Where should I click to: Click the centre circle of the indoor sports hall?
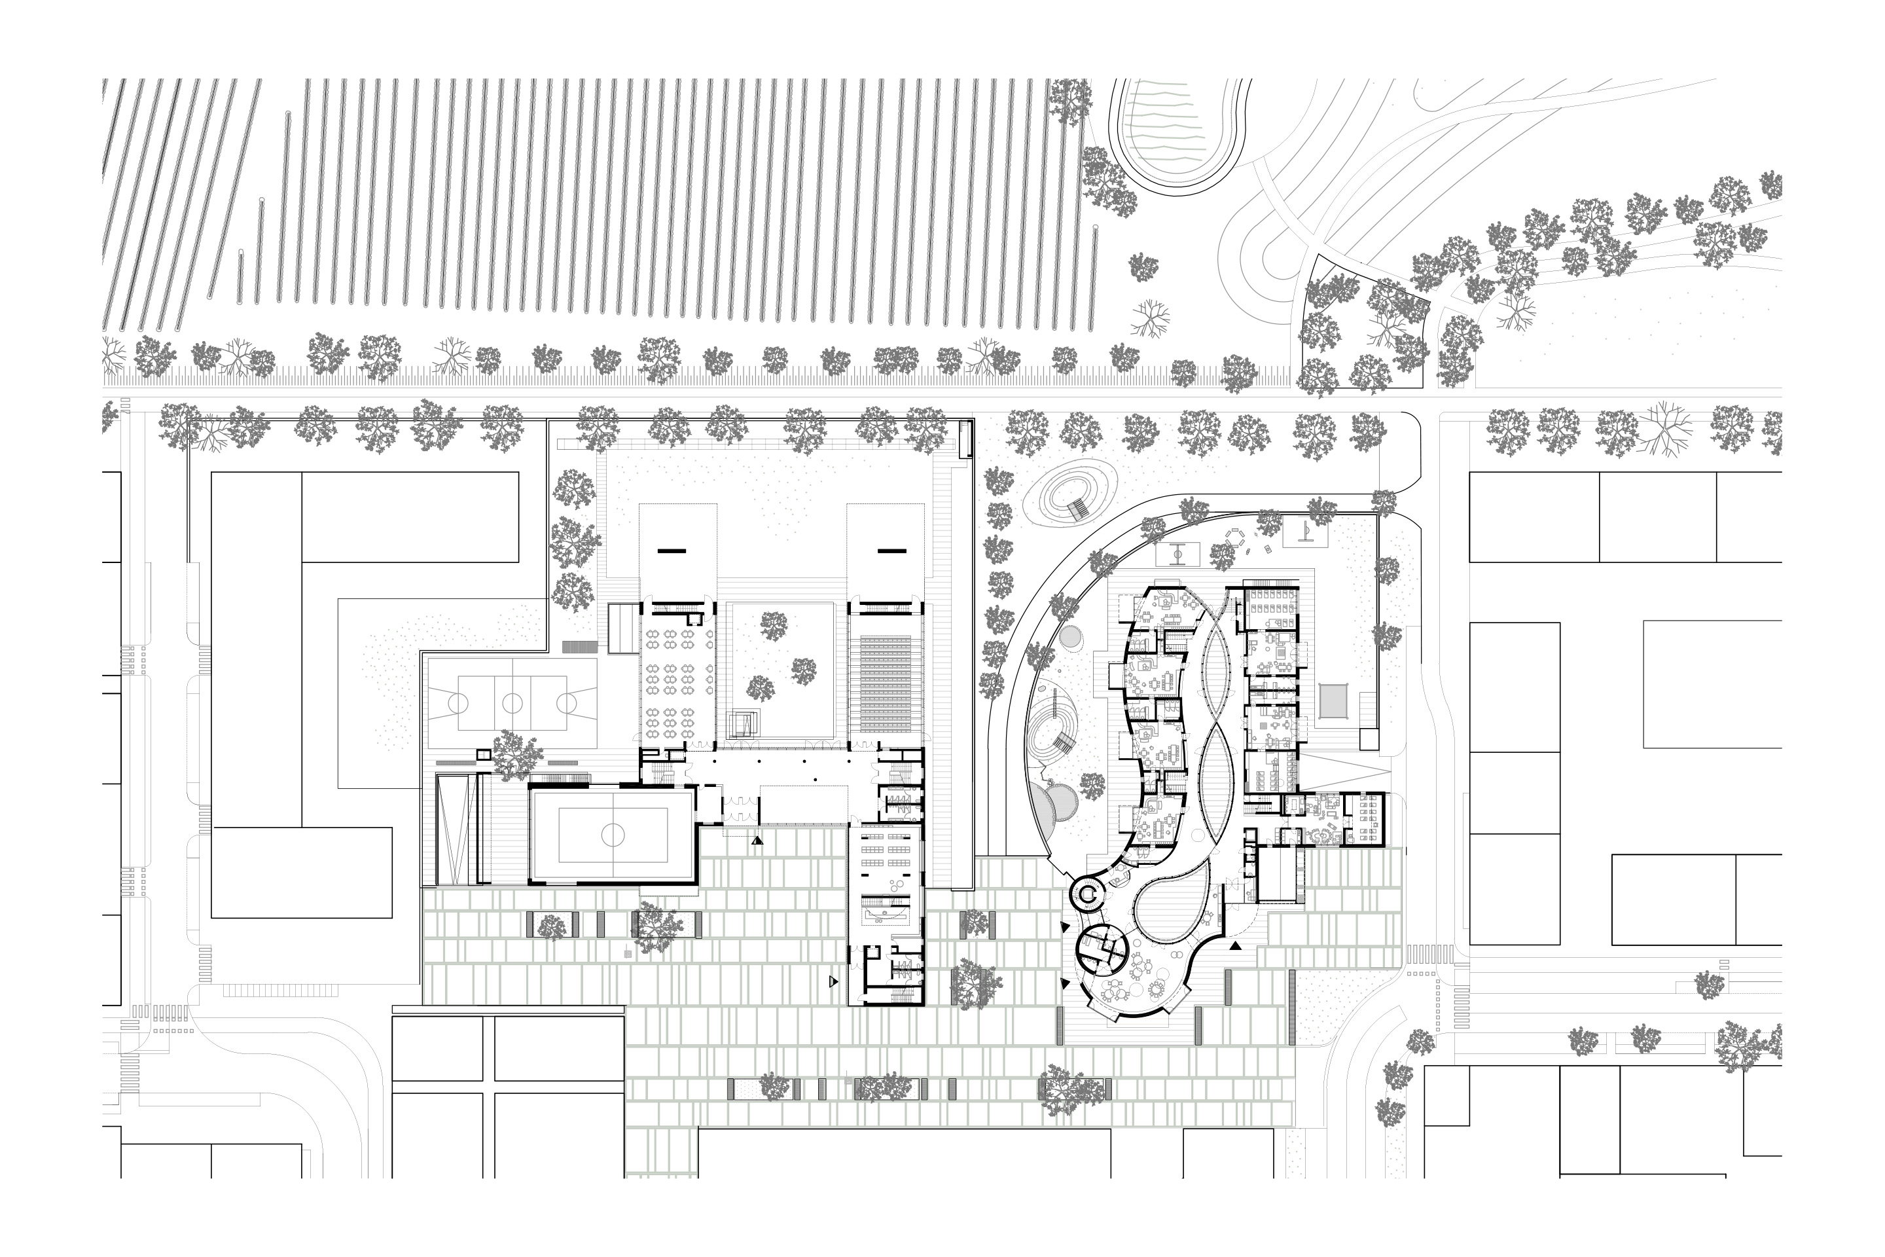pos(613,835)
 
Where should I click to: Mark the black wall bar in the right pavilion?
pos(891,551)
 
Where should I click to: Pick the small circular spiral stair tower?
pos(1089,892)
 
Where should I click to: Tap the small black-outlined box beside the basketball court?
pos(482,754)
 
